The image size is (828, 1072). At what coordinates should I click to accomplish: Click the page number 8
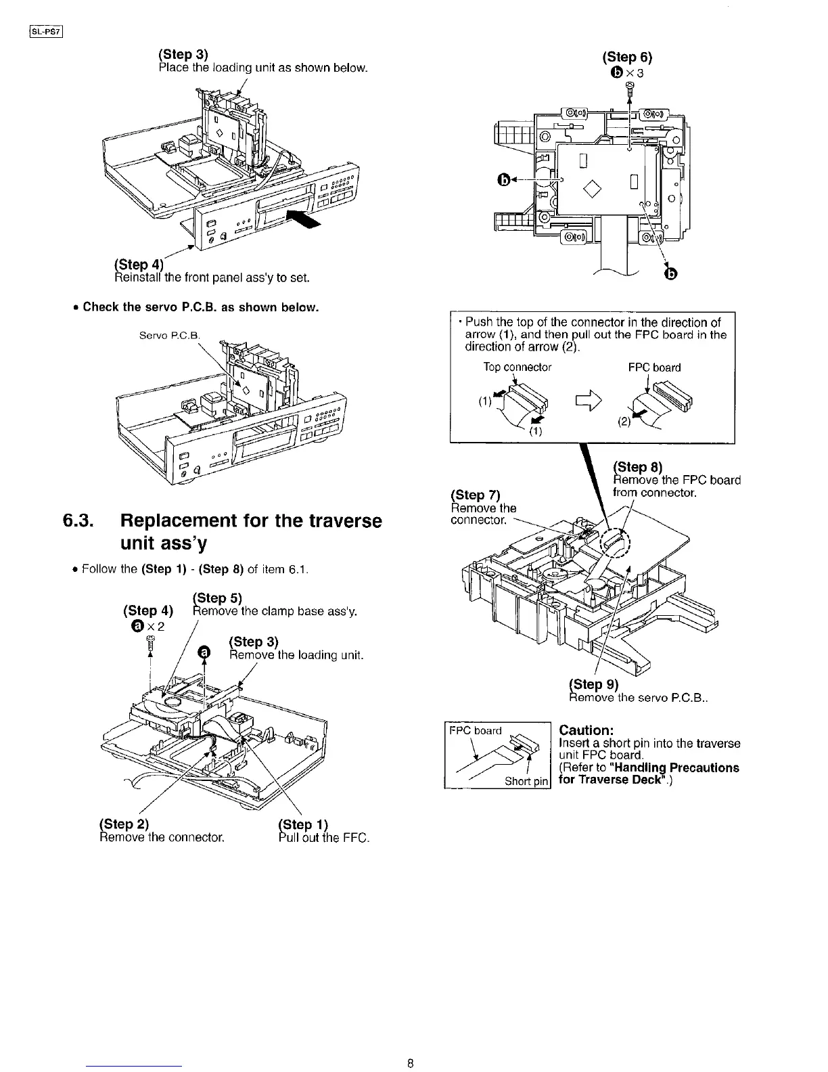(411, 1062)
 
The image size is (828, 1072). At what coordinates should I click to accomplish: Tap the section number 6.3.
(79, 521)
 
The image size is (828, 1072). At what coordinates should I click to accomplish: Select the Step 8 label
(637, 466)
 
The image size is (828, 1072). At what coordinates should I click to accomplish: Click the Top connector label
(517, 367)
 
